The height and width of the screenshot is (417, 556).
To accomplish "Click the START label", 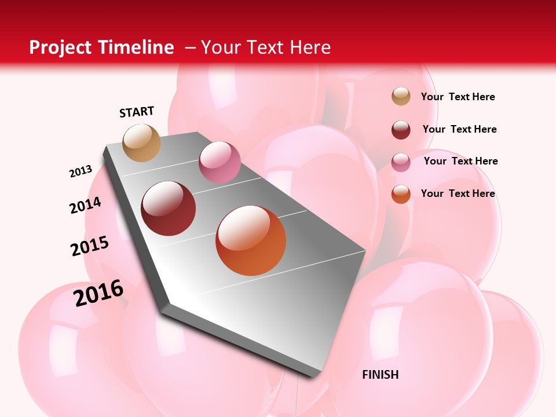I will [x=137, y=112].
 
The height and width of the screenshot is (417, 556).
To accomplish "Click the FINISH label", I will [x=380, y=375].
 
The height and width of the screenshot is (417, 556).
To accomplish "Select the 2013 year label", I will [x=81, y=171].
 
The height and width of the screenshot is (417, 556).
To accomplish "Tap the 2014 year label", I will [x=85, y=205].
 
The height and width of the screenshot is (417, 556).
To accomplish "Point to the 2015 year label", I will [x=90, y=246].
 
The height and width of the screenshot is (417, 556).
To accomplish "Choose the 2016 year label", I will [x=98, y=293].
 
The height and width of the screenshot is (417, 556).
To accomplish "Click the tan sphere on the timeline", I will [x=141, y=142].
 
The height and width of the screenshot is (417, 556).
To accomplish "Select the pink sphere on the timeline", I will [x=220, y=162].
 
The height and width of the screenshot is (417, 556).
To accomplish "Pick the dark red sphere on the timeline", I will [x=169, y=209].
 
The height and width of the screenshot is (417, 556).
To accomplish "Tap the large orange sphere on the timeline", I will [x=251, y=240].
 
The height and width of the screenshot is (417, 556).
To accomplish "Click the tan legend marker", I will [x=401, y=97].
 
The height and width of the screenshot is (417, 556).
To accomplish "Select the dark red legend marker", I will [x=401, y=130].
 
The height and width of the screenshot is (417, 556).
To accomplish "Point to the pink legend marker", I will [x=401, y=162].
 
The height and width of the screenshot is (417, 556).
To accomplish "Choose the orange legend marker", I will [x=401, y=194].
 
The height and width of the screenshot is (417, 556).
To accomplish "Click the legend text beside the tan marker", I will [x=458, y=97].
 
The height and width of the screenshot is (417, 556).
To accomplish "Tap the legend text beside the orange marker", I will [x=458, y=193].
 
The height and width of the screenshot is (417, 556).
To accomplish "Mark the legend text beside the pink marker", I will [x=460, y=161].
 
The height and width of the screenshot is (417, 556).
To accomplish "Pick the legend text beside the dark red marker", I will [x=459, y=129].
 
